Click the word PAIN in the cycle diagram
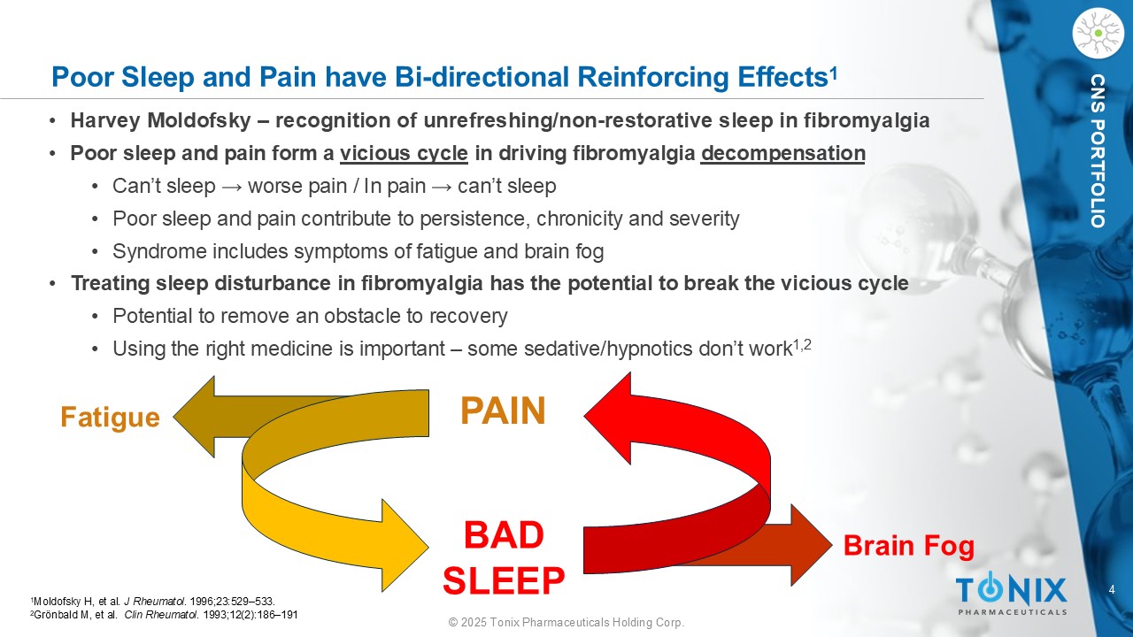(503, 411)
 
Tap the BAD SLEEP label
(504, 557)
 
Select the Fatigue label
(110, 418)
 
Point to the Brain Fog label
(909, 546)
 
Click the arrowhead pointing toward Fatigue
(194, 417)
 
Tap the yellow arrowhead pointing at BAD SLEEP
(405, 546)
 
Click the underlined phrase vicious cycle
(404, 153)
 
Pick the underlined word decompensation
(783, 153)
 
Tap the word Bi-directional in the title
(482, 77)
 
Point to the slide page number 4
(1112, 589)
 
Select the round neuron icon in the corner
(1098, 34)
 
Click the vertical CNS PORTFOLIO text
(1098, 151)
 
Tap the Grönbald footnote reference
(165, 615)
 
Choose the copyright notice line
(566, 622)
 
